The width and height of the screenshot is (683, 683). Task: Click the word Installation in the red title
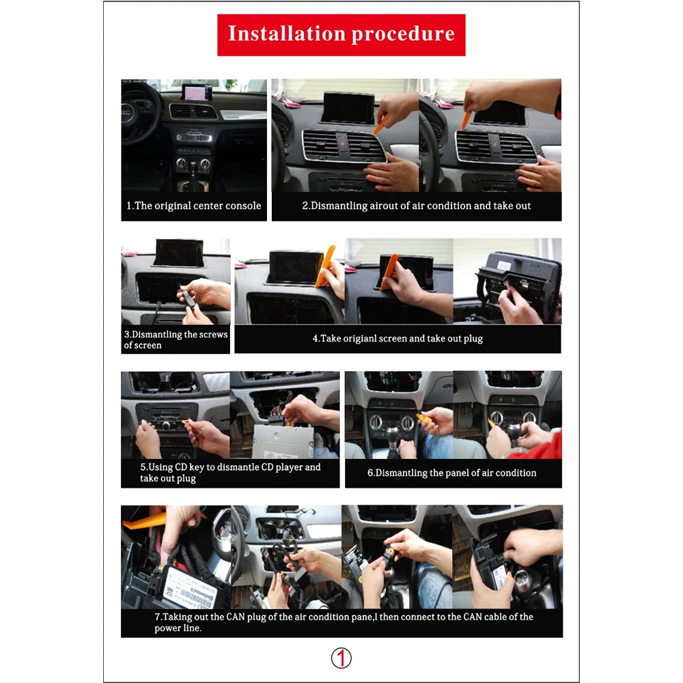tap(286, 33)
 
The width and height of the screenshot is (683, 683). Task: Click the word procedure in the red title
tap(402, 33)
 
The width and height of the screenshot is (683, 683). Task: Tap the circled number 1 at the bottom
tap(341, 658)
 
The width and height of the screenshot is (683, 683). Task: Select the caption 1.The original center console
tap(194, 206)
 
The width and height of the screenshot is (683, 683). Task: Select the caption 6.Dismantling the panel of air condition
tap(452, 473)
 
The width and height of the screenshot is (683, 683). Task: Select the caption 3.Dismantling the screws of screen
tap(176, 339)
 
